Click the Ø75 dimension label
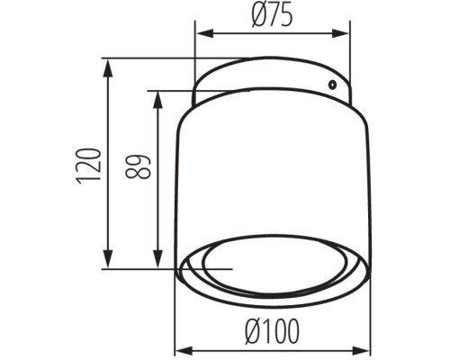(x=273, y=15)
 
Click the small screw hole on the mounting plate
(x=333, y=85)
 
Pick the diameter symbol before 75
(x=256, y=15)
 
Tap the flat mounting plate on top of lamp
(x=270, y=76)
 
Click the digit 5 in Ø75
(x=287, y=15)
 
